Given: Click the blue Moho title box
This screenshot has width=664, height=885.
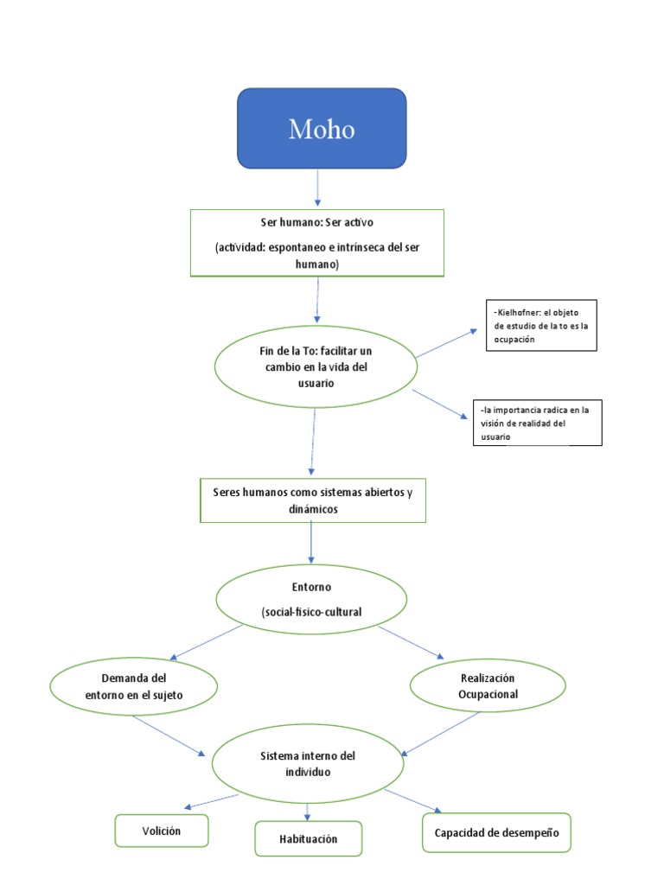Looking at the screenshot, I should coord(322,128).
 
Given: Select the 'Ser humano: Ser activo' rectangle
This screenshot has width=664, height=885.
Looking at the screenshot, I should coord(317,242).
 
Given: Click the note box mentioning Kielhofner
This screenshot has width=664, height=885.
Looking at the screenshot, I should coord(541,325).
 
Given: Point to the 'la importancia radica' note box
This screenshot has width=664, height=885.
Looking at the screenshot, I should coord(535,423).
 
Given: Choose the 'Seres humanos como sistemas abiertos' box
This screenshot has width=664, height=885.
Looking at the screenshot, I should coord(312,500).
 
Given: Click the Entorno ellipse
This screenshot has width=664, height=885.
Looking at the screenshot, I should coord(310,599).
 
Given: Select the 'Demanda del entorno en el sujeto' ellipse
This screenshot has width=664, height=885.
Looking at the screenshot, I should coord(134,686).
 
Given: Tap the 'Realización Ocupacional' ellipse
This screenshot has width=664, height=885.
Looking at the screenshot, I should coord(488,686).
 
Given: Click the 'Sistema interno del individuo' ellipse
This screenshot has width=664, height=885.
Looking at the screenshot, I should coord(309,762).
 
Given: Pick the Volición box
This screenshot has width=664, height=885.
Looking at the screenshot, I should coord(162,831).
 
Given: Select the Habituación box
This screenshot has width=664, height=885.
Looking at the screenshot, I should coord(308,838).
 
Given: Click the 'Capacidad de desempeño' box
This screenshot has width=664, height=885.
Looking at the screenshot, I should coord(496,832).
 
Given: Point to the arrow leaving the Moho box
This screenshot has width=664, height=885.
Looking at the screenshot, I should coord(318,188).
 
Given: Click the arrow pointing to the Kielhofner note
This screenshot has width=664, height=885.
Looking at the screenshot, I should coord(445,343).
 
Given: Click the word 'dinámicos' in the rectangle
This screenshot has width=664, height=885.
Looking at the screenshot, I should coord(312,510).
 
